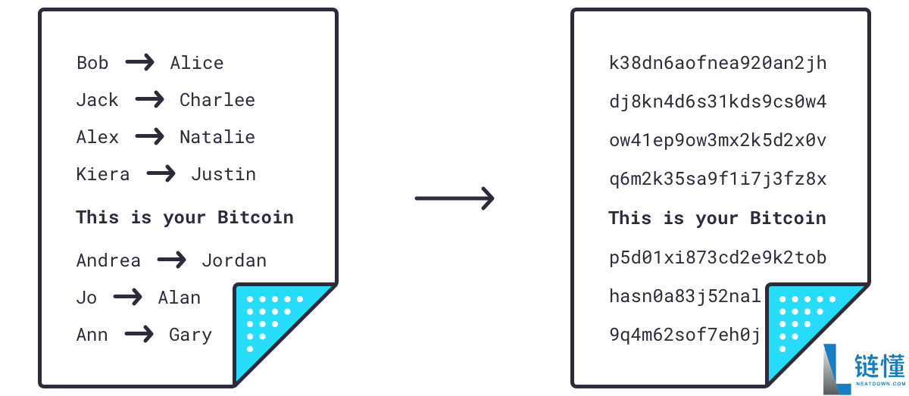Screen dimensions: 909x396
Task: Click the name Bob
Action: tap(92, 63)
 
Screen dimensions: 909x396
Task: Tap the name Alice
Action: tap(197, 63)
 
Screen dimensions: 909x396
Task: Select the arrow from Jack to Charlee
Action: tap(149, 99)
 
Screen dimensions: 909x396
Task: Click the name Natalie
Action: tap(217, 137)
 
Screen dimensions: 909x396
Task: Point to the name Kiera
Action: tap(103, 174)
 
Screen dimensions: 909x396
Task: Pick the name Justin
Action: tap(223, 174)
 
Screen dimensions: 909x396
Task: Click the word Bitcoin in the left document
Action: tap(256, 217)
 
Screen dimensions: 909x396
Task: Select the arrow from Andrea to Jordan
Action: tap(172, 260)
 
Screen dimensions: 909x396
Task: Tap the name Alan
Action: tap(180, 298)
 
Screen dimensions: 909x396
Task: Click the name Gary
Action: tap(190, 335)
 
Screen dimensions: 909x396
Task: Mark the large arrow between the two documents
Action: tap(454, 198)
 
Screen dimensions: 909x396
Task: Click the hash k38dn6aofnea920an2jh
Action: tap(718, 64)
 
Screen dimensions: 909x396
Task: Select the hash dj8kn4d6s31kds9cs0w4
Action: tap(718, 101)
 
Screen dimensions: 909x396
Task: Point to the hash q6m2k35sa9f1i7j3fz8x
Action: tap(718, 179)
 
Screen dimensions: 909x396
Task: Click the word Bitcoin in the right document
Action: tap(788, 218)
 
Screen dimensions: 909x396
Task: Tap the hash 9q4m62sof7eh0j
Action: tap(685, 335)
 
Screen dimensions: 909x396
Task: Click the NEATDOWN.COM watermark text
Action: tap(880, 383)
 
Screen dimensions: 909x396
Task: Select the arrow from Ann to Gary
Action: tap(139, 335)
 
